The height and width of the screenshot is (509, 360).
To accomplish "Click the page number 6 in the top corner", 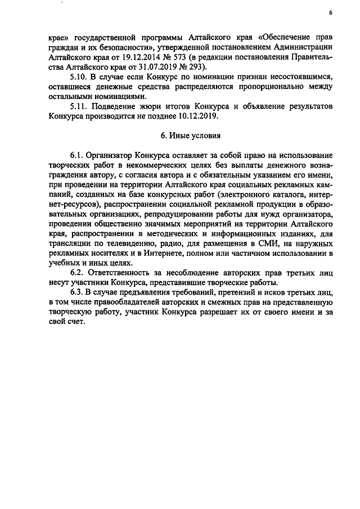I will (331, 12).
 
